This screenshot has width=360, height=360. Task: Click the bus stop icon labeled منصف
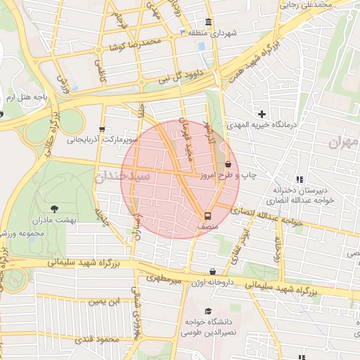[207, 217]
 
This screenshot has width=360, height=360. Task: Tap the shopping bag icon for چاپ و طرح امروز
[228, 165]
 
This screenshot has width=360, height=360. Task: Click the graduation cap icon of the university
[207, 311]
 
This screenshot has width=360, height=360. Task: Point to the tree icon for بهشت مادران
[55, 208]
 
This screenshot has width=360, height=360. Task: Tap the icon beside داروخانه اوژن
[212, 272]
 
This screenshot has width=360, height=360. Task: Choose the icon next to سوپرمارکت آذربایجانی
[103, 129]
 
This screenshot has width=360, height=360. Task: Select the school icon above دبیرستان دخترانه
[300, 179]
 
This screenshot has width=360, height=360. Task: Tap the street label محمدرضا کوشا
[135, 45]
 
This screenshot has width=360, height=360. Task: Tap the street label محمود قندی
[103, 340]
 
